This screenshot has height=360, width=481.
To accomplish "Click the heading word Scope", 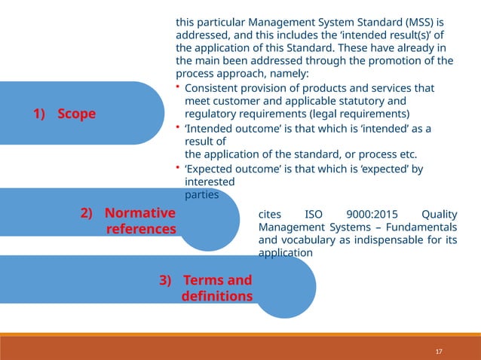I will [x=77, y=114].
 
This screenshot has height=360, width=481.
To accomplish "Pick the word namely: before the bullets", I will [x=290, y=74].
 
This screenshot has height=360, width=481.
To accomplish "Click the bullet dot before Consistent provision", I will [x=178, y=87].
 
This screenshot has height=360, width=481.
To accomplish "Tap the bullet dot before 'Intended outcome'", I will [x=178, y=128].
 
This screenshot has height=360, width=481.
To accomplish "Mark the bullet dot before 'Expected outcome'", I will [x=178, y=169].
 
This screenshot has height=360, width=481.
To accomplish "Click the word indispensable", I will [x=397, y=241].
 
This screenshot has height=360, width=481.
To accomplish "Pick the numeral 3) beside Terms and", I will [x=167, y=281].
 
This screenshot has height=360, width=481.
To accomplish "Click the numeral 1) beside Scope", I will [x=39, y=114].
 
